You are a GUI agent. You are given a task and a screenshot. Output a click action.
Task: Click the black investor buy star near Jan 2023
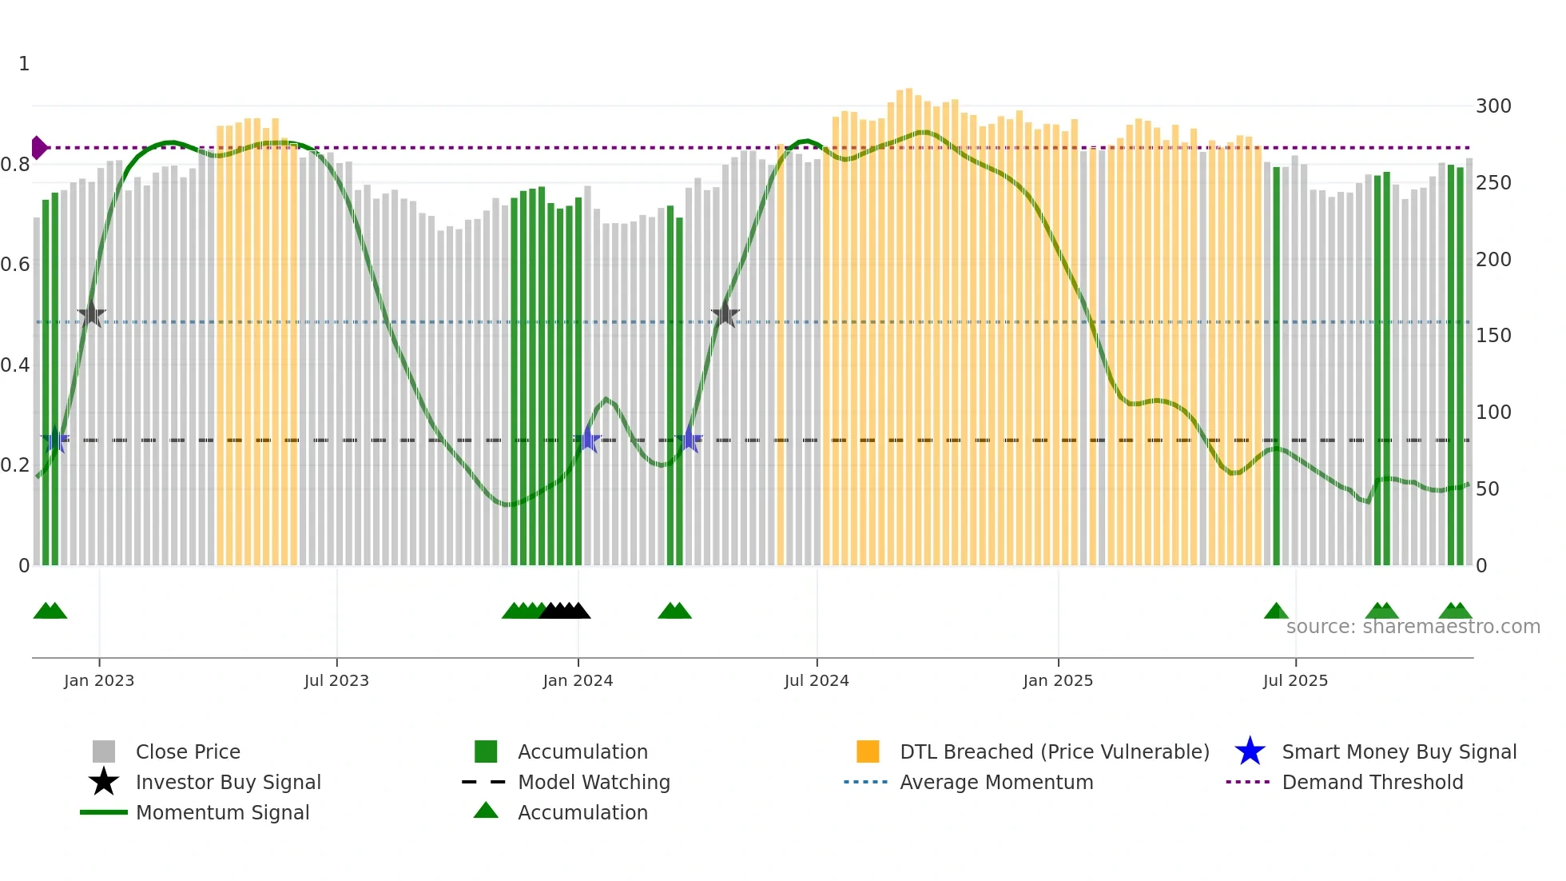point(92,314)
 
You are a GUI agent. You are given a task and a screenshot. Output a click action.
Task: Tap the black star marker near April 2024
point(725,314)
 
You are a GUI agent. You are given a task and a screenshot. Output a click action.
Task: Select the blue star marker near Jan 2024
point(588,440)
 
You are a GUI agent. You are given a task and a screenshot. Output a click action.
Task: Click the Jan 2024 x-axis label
point(578,681)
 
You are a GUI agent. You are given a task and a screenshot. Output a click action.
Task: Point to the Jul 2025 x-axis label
point(1295,681)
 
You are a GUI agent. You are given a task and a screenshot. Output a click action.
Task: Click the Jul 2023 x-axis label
point(336,681)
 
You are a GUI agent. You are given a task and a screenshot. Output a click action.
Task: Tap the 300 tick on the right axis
point(1493,106)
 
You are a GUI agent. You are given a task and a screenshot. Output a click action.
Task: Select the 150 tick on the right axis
point(1493,336)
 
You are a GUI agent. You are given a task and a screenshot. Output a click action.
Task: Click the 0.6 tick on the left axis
point(16,265)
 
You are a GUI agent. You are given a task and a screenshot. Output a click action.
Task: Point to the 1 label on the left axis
point(24,64)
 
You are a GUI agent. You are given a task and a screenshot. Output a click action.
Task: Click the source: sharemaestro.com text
point(1413,627)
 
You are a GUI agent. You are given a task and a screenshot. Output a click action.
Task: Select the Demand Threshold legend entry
point(1372,783)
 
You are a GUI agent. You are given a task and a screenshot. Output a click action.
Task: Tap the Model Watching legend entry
point(593,783)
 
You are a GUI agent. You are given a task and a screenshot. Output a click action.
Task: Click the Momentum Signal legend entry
point(222,813)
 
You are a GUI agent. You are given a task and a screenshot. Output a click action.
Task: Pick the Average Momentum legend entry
point(996,783)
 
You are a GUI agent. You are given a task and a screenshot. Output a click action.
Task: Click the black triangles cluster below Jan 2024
point(565,612)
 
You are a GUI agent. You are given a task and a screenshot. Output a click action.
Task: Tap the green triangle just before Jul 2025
point(1276,612)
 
